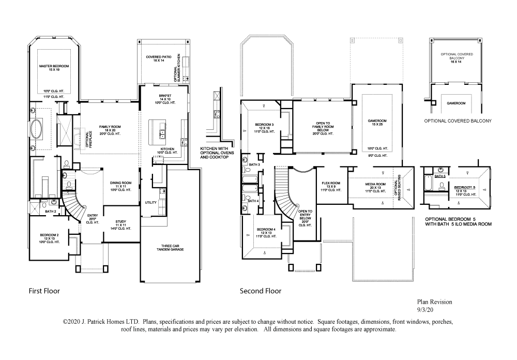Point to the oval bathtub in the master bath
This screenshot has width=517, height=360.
click(38, 129)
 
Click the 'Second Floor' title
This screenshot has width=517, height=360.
click(261, 291)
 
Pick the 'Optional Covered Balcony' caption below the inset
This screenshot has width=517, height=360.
click(457, 121)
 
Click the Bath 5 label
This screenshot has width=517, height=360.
click(439, 176)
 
